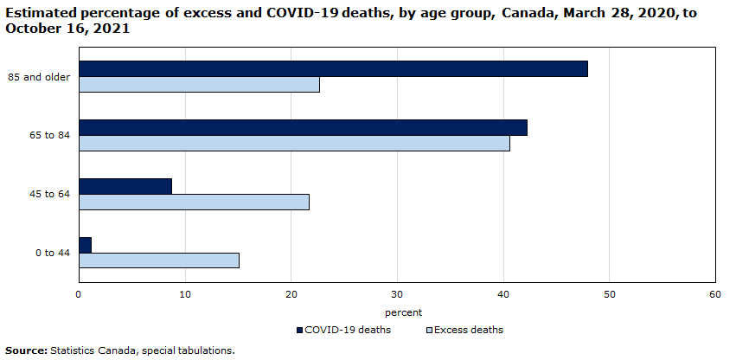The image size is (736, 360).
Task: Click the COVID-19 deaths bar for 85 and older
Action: (x=333, y=69)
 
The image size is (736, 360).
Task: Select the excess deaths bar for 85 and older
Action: (x=199, y=85)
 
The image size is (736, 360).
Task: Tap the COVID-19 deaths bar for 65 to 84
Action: (x=303, y=128)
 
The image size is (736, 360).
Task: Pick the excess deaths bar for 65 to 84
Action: (x=294, y=144)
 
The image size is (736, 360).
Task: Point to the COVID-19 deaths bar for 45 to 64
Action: (x=125, y=186)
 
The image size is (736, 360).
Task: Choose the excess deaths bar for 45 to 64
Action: (x=194, y=202)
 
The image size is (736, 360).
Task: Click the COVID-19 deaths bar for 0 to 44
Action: (x=85, y=245)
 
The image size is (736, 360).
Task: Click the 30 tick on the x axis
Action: (x=397, y=295)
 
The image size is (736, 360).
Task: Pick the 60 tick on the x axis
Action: (x=714, y=295)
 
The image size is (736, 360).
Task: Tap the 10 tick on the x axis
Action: (x=184, y=295)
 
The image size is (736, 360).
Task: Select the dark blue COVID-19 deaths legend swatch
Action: (x=300, y=330)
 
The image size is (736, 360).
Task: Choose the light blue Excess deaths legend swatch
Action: (x=429, y=330)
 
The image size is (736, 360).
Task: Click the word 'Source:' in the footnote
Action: (x=26, y=350)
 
